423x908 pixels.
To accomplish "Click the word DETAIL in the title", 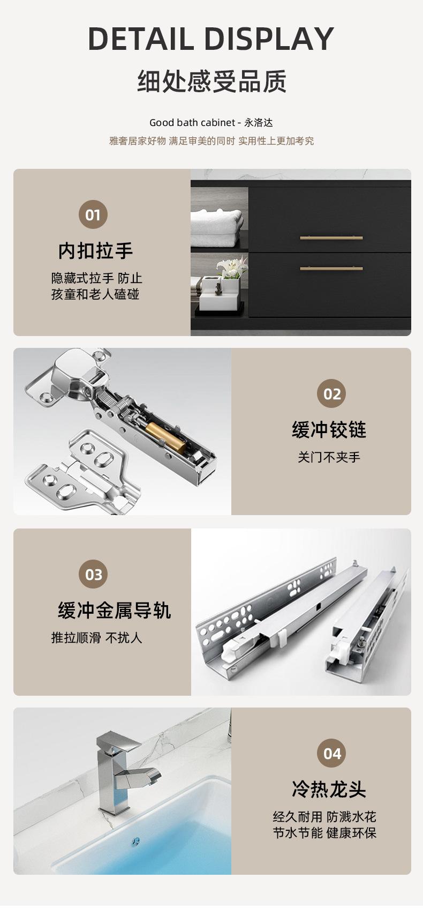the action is coord(141,39).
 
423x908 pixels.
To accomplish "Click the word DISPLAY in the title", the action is coord(269,39).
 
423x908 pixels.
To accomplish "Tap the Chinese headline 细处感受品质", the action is coord(211,81).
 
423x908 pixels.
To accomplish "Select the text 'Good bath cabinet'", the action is coord(192,122).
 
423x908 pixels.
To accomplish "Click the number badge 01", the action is coord(93,214).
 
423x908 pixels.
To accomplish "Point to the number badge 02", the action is coord(331,393).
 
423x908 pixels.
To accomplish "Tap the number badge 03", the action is coord(93,574).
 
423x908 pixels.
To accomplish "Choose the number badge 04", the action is coord(331,753).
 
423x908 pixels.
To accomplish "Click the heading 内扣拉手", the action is coord(95,250).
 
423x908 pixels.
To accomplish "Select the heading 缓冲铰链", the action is coord(329,430).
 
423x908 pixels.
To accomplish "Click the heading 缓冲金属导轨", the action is coord(115,610).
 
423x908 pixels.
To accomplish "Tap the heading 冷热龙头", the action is coord(329,789).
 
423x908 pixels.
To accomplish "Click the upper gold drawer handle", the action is coord(331,238).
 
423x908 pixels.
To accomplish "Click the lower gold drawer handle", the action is coord(331,269).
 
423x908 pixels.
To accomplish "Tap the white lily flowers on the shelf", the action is coord(232,267).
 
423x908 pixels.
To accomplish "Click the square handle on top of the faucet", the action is coord(117,742).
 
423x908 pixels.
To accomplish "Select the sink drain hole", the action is coord(136,842).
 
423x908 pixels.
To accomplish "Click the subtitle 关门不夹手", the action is coord(329,457).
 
